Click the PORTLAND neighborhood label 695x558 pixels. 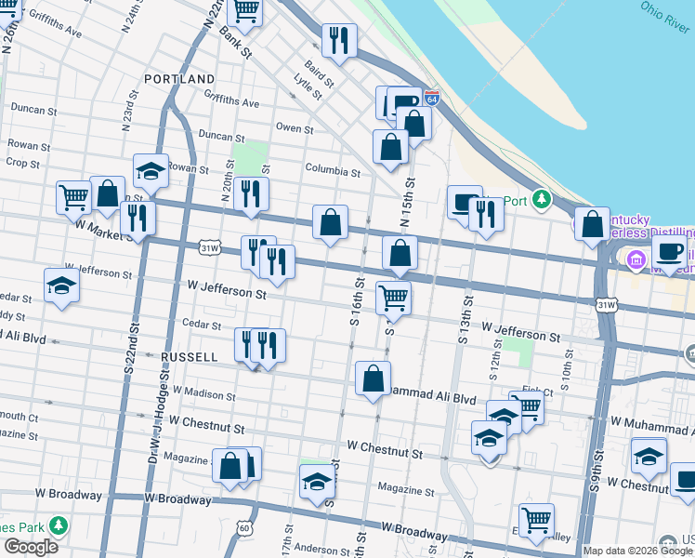click(x=179, y=79)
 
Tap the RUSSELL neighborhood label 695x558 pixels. click(x=189, y=357)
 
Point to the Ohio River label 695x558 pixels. click(x=665, y=14)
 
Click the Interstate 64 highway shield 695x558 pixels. click(x=431, y=97)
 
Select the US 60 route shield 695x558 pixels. click(x=243, y=528)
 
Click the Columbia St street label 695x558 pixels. click(x=333, y=171)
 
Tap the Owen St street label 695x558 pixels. click(x=295, y=127)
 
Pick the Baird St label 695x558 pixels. click(x=318, y=65)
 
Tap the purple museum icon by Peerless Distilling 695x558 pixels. click(x=636, y=258)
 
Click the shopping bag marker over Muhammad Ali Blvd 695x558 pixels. click(x=373, y=379)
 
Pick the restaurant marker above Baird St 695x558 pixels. click(x=338, y=40)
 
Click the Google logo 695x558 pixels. click(x=30, y=547)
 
